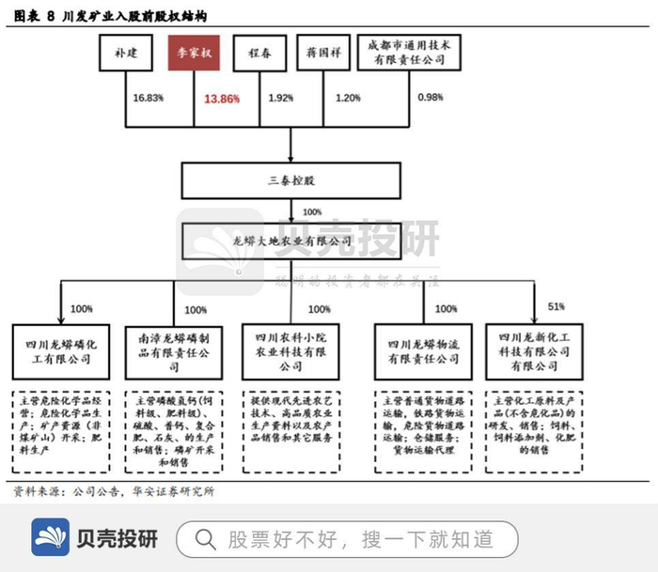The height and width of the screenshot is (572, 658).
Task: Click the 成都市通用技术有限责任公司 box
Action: click(x=408, y=53)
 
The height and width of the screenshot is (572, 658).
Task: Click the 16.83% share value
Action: click(x=149, y=98)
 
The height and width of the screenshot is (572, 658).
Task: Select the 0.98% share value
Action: click(x=430, y=98)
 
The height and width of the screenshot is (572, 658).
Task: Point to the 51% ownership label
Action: click(x=556, y=306)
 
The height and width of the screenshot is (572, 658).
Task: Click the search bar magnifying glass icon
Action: click(x=206, y=539)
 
